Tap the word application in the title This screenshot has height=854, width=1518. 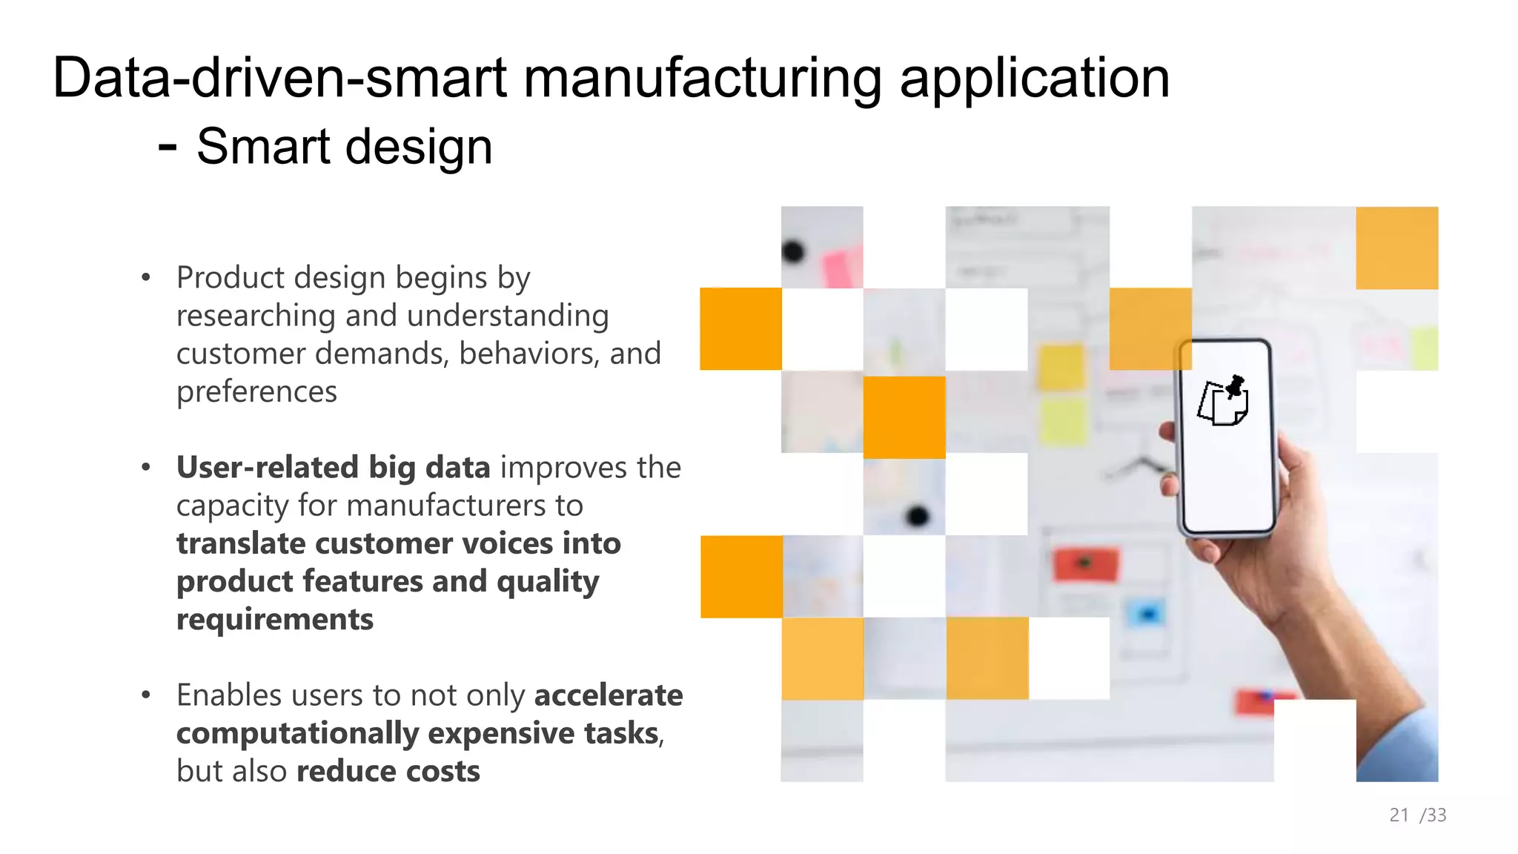point(1034,78)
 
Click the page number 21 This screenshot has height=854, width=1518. point(1399,815)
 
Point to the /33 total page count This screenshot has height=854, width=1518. point(1434,815)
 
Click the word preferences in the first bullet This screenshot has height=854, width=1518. point(256,391)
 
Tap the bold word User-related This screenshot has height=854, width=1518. point(268,467)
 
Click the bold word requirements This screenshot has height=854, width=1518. point(274,619)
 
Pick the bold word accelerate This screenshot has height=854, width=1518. point(609,695)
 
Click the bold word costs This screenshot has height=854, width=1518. point(442,771)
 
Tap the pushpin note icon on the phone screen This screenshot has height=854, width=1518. point(1224,401)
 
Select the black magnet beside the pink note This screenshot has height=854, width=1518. point(793,251)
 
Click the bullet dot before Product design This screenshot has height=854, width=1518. point(146,278)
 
